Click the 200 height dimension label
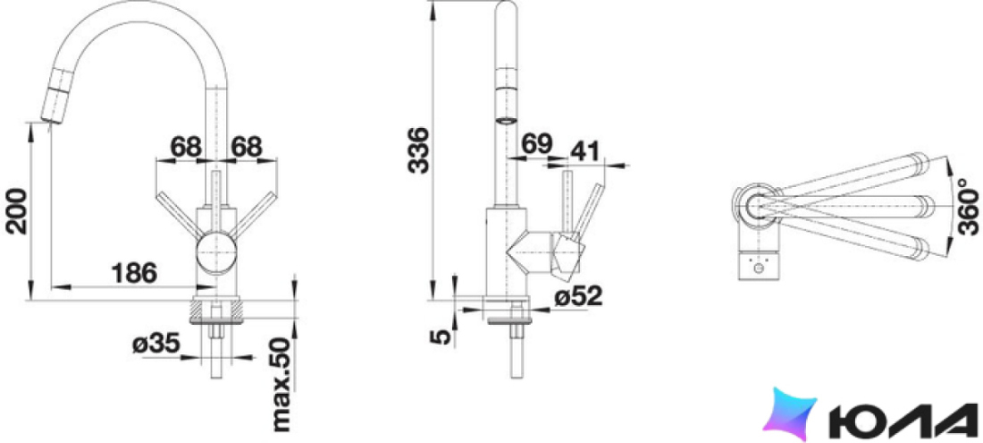[x=16, y=210]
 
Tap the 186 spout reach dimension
[x=133, y=274]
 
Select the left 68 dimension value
[x=186, y=148]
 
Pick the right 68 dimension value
[x=246, y=148]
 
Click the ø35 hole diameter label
[x=156, y=344]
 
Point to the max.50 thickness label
[x=282, y=384]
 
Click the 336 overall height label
[x=418, y=150]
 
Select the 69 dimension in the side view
[x=537, y=144]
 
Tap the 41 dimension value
[x=584, y=150]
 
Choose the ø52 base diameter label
[x=578, y=295]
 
